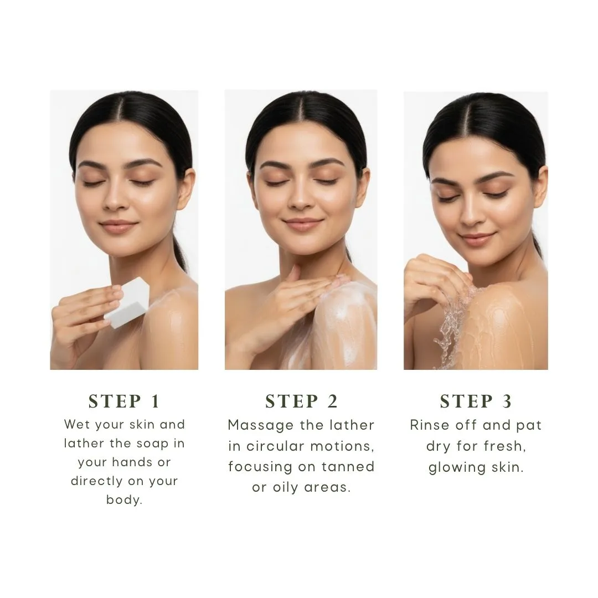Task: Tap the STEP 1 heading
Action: (124, 401)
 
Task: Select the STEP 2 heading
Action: (301, 401)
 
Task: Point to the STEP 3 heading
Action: (476, 401)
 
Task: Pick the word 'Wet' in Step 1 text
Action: (77, 424)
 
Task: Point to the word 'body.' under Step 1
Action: (124, 499)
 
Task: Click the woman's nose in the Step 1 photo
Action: (115, 198)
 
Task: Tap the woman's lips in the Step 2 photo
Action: (303, 224)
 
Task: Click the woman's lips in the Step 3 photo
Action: (477, 239)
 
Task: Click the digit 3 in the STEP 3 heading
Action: (507, 401)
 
